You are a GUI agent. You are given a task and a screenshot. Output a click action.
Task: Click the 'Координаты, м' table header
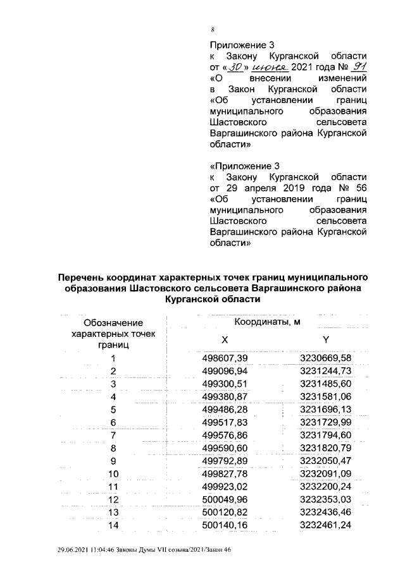[x=276, y=322]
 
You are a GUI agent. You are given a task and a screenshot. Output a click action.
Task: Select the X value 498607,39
[x=224, y=358]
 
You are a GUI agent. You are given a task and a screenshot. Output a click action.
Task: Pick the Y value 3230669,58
[x=325, y=358]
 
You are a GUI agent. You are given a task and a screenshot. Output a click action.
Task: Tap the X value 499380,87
[x=224, y=396]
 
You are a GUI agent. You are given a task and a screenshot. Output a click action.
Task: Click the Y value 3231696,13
[x=325, y=409]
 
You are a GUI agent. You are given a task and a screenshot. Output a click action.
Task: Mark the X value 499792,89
[x=224, y=460]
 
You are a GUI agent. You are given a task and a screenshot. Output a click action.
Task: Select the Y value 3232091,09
[x=325, y=473]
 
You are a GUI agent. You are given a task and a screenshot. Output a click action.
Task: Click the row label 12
[x=113, y=499]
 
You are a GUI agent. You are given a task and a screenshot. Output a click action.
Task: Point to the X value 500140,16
[x=224, y=524]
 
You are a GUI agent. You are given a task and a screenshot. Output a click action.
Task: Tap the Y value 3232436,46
[x=325, y=511]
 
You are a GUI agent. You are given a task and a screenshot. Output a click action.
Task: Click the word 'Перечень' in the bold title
[x=82, y=277]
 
